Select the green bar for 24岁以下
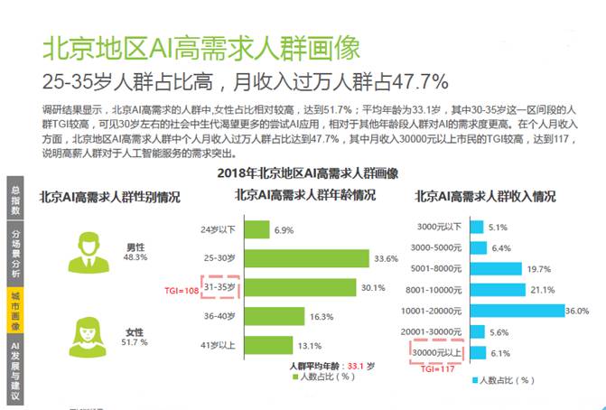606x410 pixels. point(256,230)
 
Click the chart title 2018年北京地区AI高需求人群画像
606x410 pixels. point(308,171)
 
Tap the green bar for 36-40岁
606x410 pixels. point(273,318)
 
